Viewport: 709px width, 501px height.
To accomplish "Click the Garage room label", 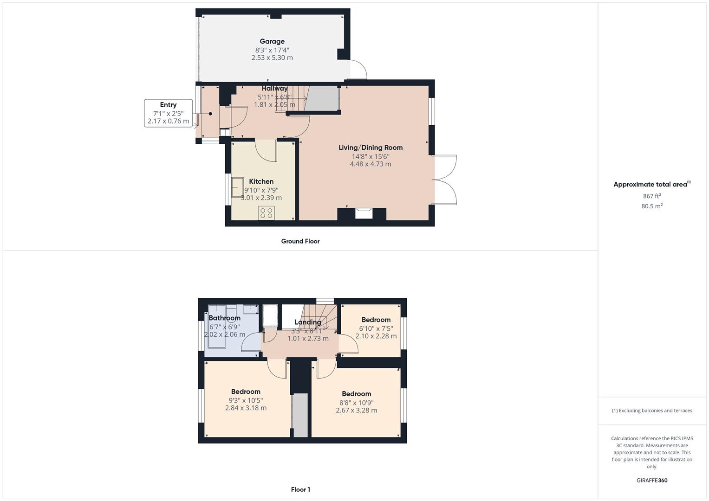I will pyautogui.click(x=272, y=41).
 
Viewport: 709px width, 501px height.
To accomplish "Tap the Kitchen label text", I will pyautogui.click(x=261, y=181).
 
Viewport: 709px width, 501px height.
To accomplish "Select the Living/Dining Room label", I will pyautogui.click(x=371, y=148).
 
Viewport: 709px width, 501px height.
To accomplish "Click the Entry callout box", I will pyautogui.click(x=168, y=113).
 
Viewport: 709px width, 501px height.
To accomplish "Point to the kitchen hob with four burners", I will pyautogui.click(x=267, y=213).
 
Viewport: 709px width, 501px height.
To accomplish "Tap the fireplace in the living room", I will pyautogui.click(x=364, y=213).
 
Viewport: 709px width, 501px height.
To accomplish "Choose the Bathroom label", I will pyautogui.click(x=224, y=318).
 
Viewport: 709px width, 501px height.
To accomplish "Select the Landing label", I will pyautogui.click(x=308, y=322).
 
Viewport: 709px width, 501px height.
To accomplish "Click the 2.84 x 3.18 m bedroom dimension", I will pyautogui.click(x=246, y=408).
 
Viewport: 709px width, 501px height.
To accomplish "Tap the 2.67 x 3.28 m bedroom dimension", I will pyautogui.click(x=356, y=410).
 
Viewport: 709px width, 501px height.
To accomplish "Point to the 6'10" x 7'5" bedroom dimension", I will pyautogui.click(x=376, y=328).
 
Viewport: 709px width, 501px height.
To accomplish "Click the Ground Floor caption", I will pyautogui.click(x=300, y=241).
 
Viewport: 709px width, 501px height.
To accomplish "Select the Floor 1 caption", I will pyautogui.click(x=300, y=489).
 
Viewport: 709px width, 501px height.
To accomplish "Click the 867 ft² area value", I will pyautogui.click(x=652, y=196).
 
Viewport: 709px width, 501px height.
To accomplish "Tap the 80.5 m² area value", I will pyautogui.click(x=652, y=206).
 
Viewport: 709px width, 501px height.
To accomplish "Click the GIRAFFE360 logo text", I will pyautogui.click(x=652, y=481).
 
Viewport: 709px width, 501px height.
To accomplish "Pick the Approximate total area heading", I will pyautogui.click(x=651, y=185).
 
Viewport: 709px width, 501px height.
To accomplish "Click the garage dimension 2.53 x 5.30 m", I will pyautogui.click(x=272, y=58).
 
